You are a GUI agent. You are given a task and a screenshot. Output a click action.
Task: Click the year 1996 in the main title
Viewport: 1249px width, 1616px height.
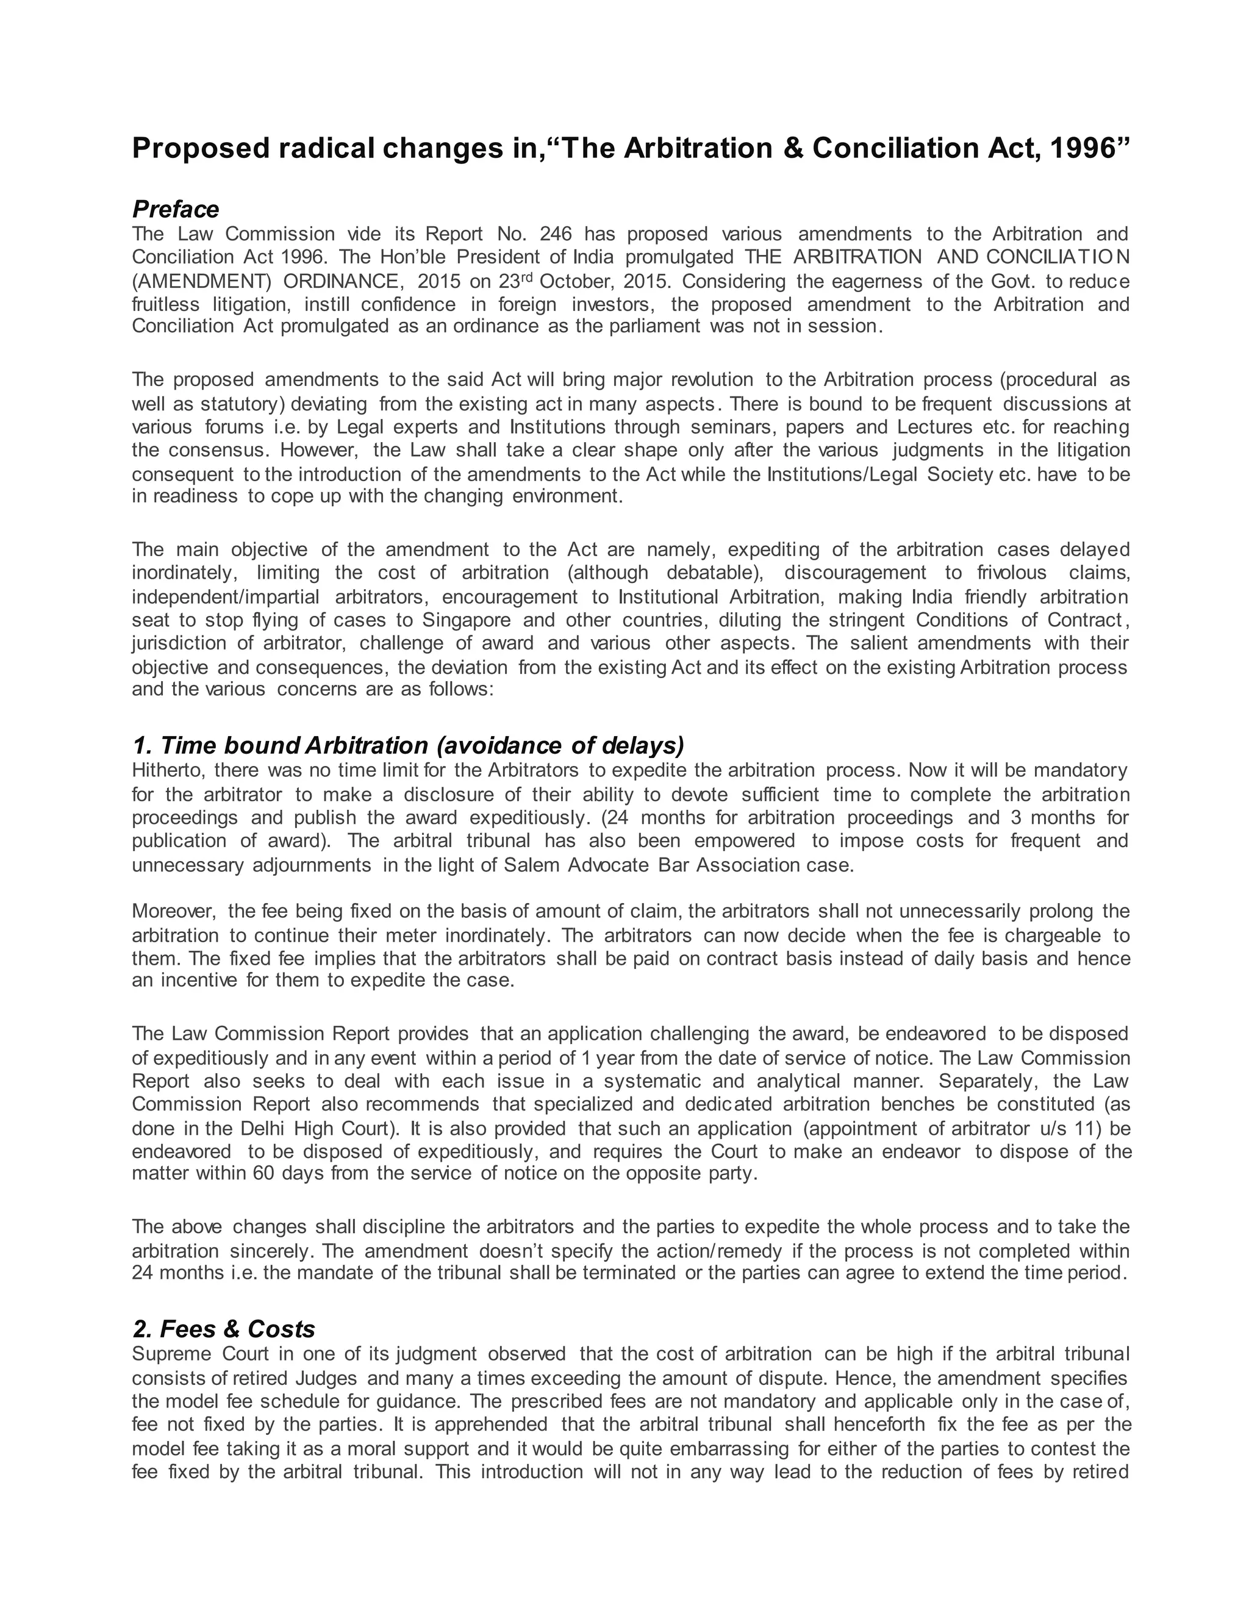[x=1082, y=148]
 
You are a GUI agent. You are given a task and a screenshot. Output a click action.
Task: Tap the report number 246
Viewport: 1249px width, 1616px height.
[x=556, y=235]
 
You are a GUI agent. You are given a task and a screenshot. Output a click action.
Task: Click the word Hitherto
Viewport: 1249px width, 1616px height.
[x=166, y=770]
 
